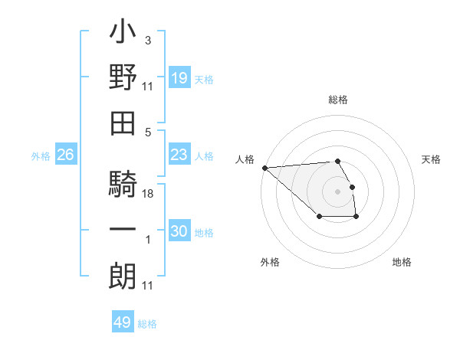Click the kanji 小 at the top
[123, 35]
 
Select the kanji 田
[123, 123]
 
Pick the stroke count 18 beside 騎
[148, 195]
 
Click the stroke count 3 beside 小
[147, 40]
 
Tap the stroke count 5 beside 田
[147, 132]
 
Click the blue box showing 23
[179, 155]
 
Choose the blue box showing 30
[179, 231]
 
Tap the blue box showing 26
[65, 155]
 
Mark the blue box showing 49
[123, 322]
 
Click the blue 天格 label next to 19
[204, 80]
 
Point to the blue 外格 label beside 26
[41, 156]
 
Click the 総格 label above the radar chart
[338, 100]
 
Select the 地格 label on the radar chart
[402, 262]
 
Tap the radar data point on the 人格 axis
[264, 168]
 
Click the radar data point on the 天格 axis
[352, 187]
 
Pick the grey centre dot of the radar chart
[338, 191]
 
